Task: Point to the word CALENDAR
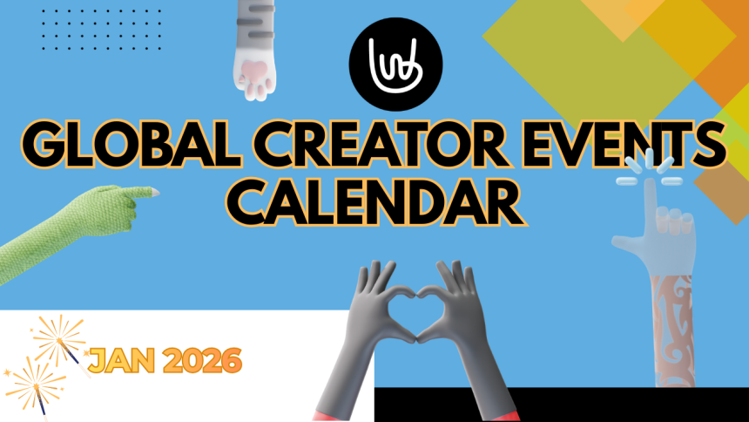[375, 201]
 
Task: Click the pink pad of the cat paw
[255, 71]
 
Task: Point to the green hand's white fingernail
[154, 190]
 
